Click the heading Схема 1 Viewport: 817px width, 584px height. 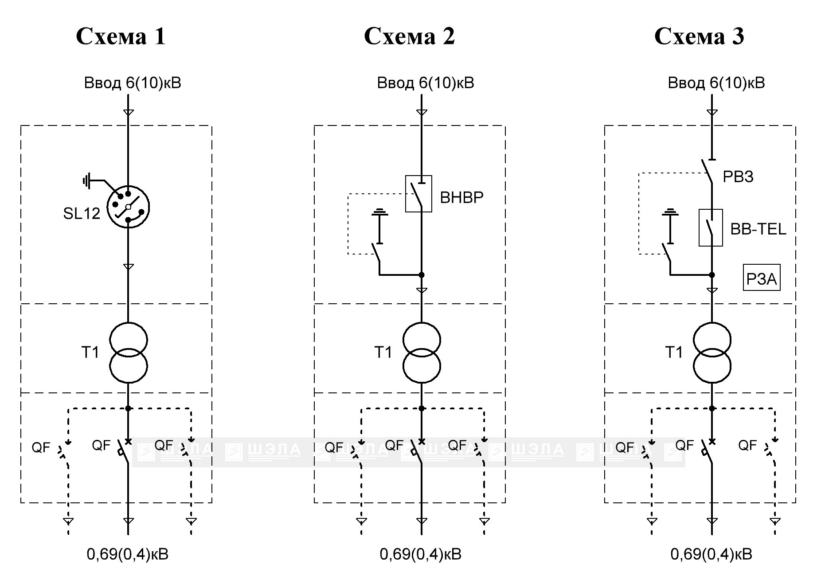tap(121, 36)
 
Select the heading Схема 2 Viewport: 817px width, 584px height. tap(409, 36)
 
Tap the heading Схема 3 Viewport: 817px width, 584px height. tap(699, 36)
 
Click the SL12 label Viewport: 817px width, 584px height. tap(82, 213)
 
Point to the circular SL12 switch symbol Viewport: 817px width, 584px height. tap(128, 206)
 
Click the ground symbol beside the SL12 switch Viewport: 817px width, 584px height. tap(87, 181)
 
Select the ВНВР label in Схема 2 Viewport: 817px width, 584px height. tap(461, 197)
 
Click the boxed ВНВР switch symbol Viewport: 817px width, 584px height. tap(419, 194)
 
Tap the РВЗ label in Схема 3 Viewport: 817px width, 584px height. tap(738, 176)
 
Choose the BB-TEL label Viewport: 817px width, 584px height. tap(758, 229)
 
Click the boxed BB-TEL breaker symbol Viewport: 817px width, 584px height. tap(711, 227)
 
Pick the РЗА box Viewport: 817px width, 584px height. tap(762, 278)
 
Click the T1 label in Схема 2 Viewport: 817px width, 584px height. tap(383, 352)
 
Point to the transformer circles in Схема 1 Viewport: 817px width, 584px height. tap(128, 353)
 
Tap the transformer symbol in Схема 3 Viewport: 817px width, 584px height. tap(712, 353)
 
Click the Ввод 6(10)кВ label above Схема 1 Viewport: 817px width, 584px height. tap(133, 83)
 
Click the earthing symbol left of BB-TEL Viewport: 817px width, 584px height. tap(670, 227)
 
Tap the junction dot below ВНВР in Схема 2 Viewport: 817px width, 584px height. tap(422, 275)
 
